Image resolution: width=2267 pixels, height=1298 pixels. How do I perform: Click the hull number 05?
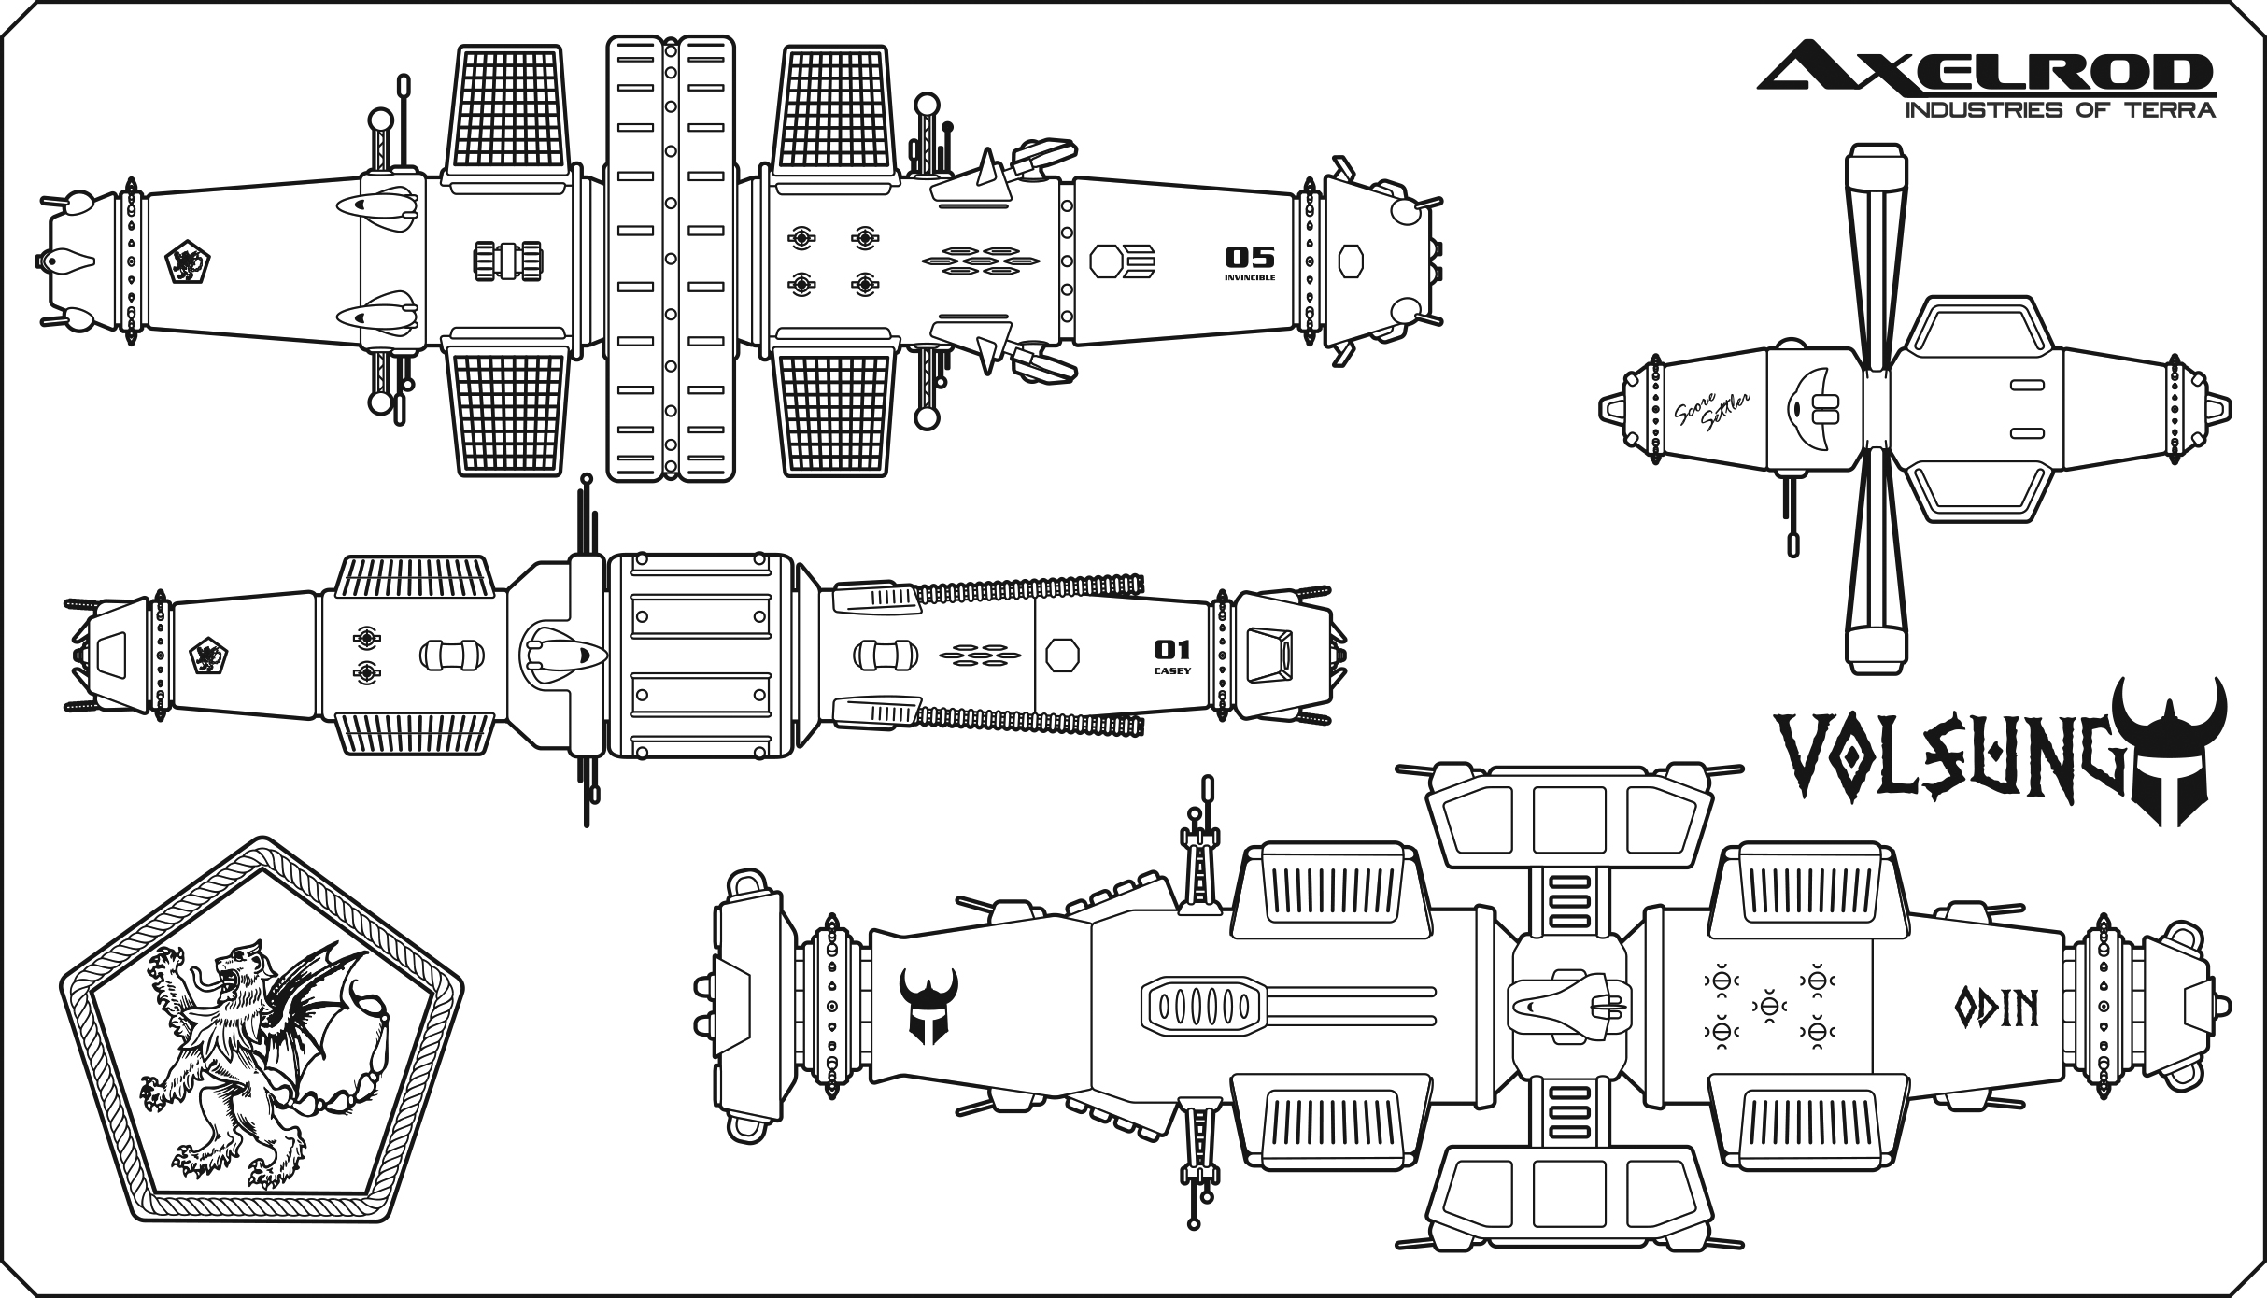pyautogui.click(x=1249, y=257)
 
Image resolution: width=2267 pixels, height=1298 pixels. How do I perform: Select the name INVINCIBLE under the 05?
pyautogui.click(x=1250, y=277)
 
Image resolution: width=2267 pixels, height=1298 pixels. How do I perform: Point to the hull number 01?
pyautogui.click(x=1172, y=649)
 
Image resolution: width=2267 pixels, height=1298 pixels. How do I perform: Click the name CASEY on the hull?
pyautogui.click(x=1172, y=670)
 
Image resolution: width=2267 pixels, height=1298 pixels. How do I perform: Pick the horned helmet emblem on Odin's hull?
pyautogui.click(x=928, y=1005)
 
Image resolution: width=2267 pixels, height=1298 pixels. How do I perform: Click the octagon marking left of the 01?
pyautogui.click(x=1062, y=656)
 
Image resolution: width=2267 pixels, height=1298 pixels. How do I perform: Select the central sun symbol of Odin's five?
pyautogui.click(x=1768, y=1005)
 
